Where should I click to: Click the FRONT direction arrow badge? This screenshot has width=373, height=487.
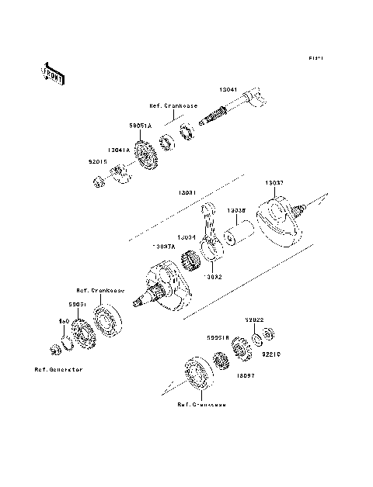pyautogui.click(x=52, y=72)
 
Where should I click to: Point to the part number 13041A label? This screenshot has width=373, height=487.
pyautogui.click(x=120, y=152)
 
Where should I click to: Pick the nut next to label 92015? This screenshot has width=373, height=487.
pyautogui.click(x=100, y=182)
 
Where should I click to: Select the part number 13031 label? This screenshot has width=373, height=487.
pyautogui.click(x=187, y=192)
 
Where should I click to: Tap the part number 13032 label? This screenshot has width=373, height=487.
pyautogui.click(x=214, y=275)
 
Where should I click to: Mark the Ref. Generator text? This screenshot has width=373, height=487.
pyautogui.click(x=58, y=369)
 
